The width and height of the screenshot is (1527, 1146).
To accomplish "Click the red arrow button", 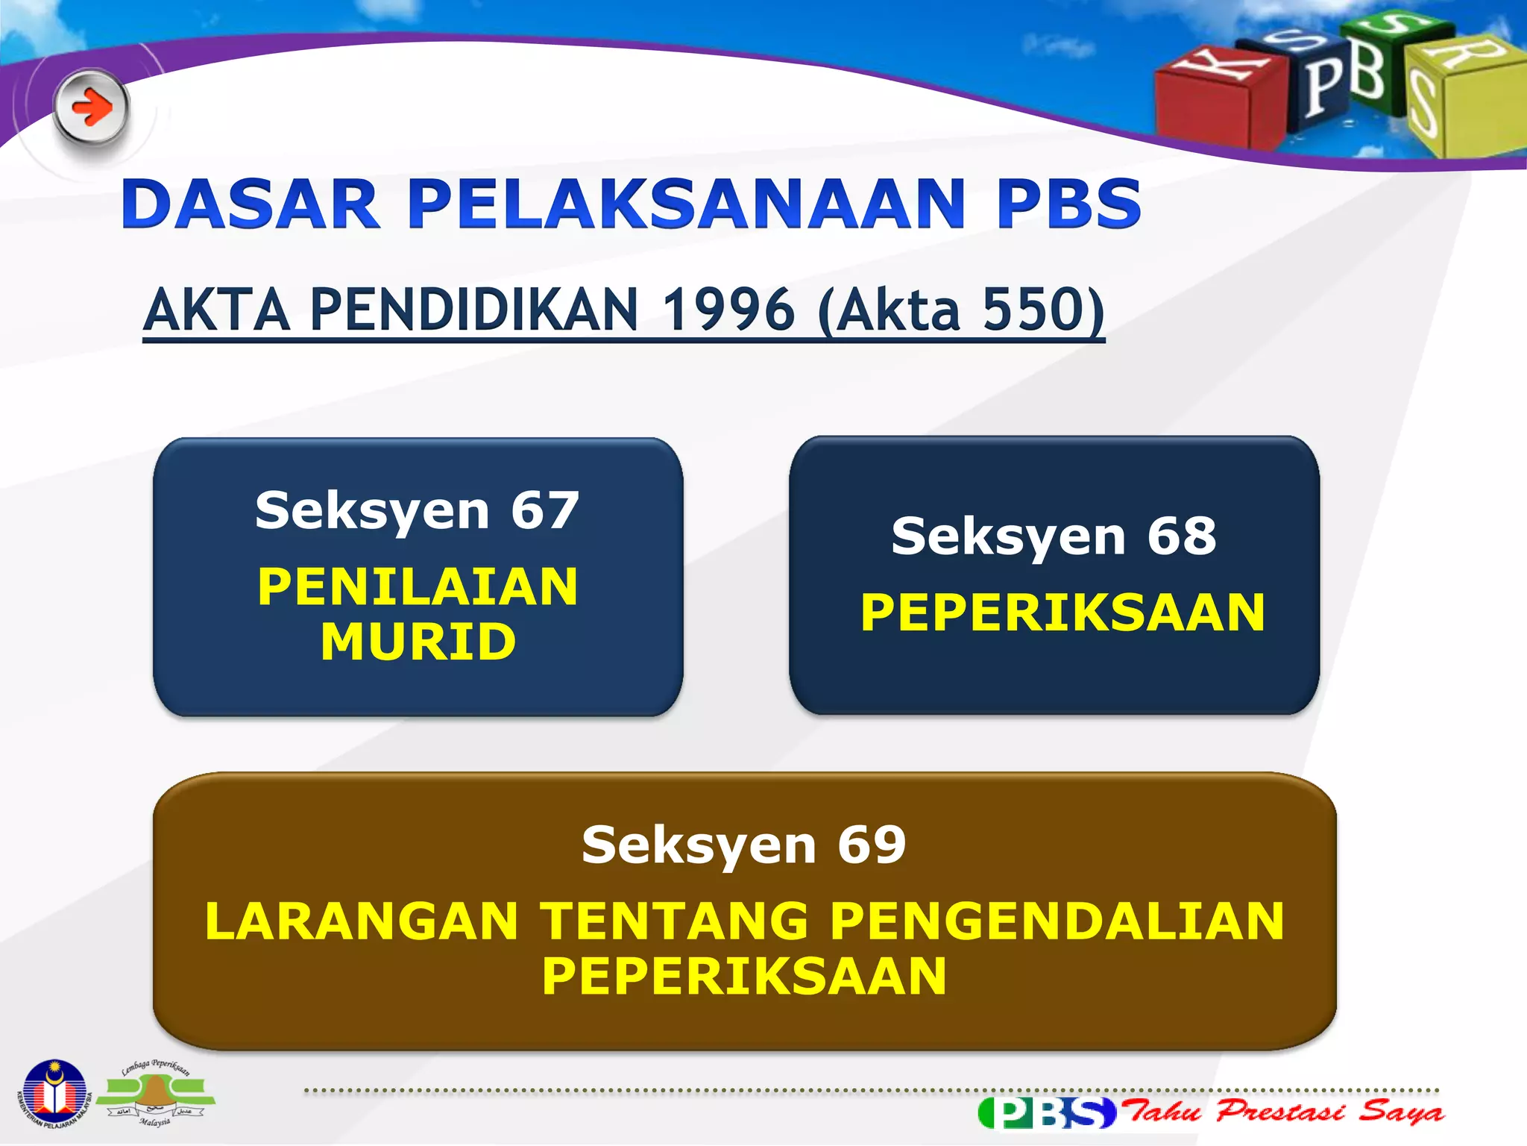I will pos(91,108).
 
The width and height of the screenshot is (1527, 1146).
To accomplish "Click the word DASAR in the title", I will pos(251,204).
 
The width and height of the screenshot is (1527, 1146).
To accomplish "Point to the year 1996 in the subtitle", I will pos(728,310).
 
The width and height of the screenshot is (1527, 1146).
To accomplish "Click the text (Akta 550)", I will pos(960,310).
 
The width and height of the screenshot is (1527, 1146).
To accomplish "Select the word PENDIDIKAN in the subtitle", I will pos(474,310).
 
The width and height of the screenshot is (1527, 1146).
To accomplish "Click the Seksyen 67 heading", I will pos(418,511).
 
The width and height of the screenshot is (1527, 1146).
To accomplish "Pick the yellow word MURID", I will pos(418,642).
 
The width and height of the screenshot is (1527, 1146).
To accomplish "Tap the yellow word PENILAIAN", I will pos(418,586).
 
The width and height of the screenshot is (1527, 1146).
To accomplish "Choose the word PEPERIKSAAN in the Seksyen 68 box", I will pos(1062,613).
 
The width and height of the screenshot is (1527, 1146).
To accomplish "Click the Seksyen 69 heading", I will pos(744,845).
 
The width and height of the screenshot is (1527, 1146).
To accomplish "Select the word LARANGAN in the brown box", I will pos(362,921).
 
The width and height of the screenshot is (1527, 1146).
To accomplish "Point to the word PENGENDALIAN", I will pos(1057,921).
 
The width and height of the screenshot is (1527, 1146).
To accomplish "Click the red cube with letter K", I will pos(1215,101).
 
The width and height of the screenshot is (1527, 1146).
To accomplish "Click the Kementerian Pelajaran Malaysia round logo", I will pos(54,1094).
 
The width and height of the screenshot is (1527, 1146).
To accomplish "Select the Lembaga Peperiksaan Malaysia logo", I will pos(155,1094).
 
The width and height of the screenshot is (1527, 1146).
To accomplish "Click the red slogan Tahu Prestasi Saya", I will pos(1284,1112).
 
